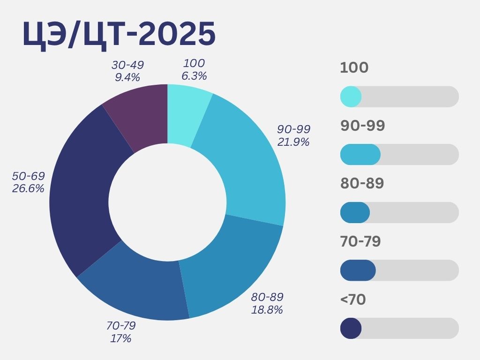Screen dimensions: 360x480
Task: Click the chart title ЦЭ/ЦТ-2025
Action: coord(119,34)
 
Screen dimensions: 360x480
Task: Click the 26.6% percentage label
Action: coord(28,188)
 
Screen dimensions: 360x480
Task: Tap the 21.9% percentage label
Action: coord(293,142)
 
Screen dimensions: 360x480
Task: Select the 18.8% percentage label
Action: coord(267,310)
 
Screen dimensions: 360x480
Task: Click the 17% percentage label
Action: coord(120,338)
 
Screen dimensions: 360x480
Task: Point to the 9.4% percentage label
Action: coord(127,76)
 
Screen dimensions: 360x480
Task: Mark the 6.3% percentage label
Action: coord(194,75)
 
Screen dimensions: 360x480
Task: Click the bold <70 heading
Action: coord(352,300)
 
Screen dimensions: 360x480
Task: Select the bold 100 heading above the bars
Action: coord(354,67)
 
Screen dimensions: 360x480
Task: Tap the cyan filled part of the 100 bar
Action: coord(351,97)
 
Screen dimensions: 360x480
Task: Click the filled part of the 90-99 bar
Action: coord(360,155)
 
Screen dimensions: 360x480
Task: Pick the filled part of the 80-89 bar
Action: coord(355,212)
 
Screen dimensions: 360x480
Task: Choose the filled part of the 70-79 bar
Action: coord(358,270)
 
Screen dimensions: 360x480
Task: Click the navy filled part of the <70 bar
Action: coord(351,328)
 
